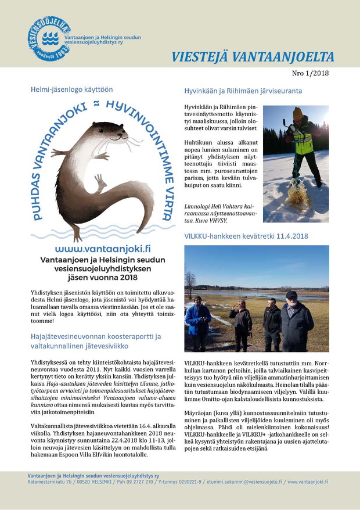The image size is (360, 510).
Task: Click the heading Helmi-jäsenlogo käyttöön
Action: (71, 89)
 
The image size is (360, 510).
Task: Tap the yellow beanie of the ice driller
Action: (298, 112)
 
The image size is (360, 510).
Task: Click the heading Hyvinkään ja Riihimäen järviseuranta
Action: (243, 91)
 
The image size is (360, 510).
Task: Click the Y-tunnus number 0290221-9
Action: (187, 482)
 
